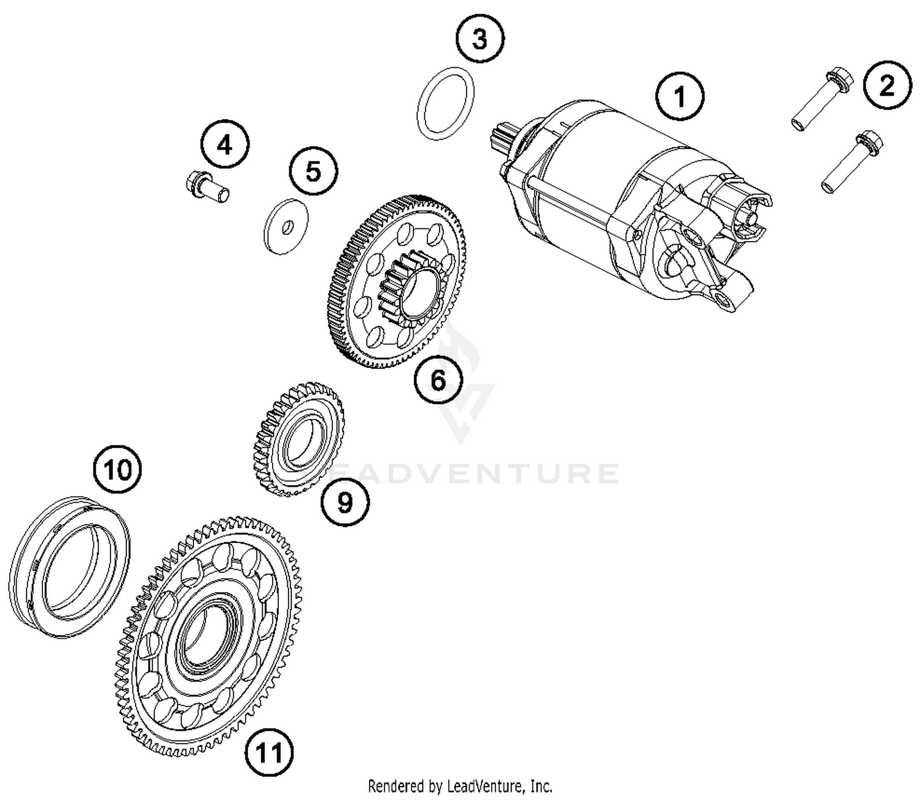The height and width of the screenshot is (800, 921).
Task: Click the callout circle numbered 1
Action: (x=679, y=97)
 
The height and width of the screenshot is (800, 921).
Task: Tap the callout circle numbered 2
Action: (x=887, y=86)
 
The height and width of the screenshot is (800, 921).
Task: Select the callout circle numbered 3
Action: (x=480, y=39)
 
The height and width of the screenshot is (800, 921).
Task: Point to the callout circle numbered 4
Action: (x=225, y=145)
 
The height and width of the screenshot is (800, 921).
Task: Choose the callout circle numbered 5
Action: (x=314, y=171)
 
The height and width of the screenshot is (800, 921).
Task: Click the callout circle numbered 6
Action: (x=438, y=380)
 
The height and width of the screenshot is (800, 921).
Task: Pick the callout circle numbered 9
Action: (x=345, y=502)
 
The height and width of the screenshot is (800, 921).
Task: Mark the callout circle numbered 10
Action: (x=117, y=470)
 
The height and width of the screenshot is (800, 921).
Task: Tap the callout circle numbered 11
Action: (x=269, y=751)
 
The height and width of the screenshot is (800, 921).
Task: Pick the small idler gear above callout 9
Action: (x=300, y=438)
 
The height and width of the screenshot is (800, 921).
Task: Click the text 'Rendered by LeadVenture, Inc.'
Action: (x=460, y=786)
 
